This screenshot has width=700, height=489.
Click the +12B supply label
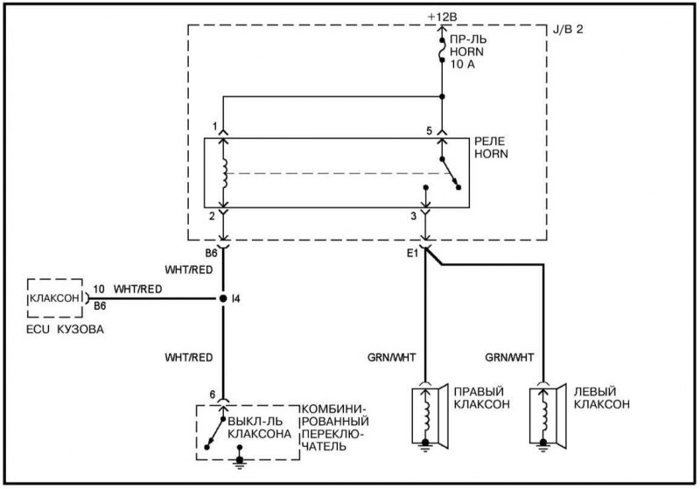pos(442,17)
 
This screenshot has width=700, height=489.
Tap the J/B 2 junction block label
pos(567,30)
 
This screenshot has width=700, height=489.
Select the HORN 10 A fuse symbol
pos(442,50)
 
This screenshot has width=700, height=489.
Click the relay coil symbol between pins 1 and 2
pos(225,172)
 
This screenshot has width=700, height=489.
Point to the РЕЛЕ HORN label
pos(490,148)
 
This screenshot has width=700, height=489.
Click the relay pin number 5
pos(430,130)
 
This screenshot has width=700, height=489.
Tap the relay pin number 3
pos(414,216)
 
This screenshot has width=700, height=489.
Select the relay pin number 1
pos(214,127)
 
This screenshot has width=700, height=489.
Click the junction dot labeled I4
pos(223,298)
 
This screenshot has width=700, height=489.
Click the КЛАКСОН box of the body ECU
pos(55,298)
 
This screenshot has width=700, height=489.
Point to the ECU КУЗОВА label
pos(65,330)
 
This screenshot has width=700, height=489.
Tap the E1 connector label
pos(412,254)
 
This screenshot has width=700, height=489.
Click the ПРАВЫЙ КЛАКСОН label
pos(482,397)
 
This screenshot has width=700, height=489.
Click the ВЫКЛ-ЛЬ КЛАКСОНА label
pos(259,428)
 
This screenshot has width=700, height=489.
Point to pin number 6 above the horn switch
pos(213,395)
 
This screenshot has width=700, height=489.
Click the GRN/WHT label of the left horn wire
pos(509,358)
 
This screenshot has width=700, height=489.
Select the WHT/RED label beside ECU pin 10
pos(138,290)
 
